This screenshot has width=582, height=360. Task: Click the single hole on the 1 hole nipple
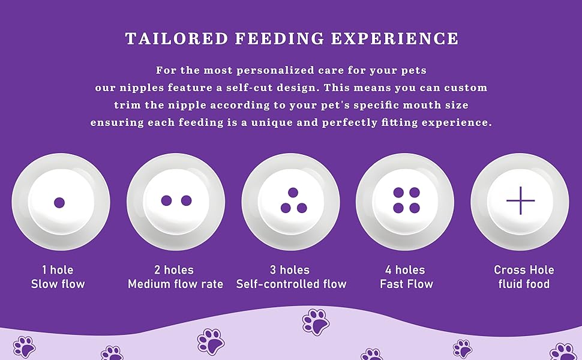point(59,202)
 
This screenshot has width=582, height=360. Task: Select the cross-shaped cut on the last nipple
point(520,200)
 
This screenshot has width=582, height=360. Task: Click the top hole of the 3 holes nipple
point(293,193)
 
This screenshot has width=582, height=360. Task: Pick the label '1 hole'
point(58,270)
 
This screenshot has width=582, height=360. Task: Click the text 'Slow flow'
point(58,284)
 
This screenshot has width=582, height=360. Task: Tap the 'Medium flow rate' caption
point(175,284)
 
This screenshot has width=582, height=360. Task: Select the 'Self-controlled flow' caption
point(291,284)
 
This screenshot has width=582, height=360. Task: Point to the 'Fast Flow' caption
point(406,284)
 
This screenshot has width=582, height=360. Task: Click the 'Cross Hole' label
point(524,270)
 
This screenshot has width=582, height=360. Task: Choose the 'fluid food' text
point(524,284)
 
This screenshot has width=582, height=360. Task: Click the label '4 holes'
point(405,270)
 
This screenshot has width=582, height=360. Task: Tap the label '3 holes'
point(290,270)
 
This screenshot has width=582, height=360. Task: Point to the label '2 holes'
point(174,270)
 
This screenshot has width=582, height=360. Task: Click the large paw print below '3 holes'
point(316,322)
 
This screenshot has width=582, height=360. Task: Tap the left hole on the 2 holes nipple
point(167,200)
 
